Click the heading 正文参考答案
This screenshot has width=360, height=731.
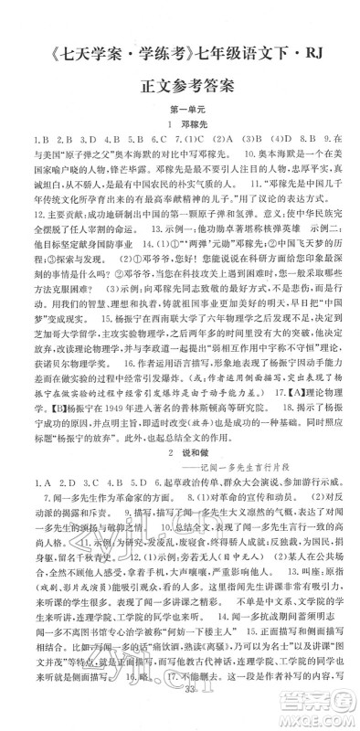[180, 85]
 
